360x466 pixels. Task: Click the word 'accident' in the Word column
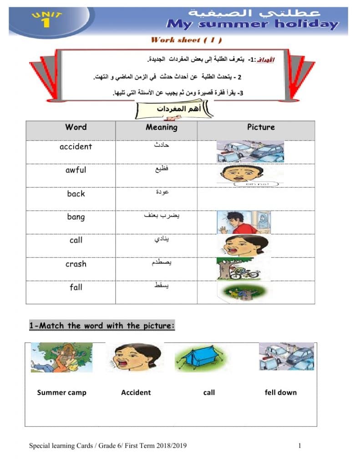click(x=76, y=147)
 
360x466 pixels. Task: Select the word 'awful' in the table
click(x=76, y=170)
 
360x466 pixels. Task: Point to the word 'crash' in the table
click(x=76, y=264)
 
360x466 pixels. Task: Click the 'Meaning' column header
click(x=162, y=127)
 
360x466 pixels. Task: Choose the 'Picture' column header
click(x=261, y=127)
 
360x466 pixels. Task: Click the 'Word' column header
click(x=76, y=127)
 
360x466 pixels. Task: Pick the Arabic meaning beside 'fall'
click(x=162, y=286)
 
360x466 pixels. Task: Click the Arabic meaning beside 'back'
click(x=162, y=192)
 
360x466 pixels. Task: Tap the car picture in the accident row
click(x=250, y=151)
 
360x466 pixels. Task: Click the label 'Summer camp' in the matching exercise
click(x=61, y=392)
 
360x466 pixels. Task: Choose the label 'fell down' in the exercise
click(x=280, y=392)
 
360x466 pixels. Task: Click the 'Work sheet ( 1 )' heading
click(x=186, y=40)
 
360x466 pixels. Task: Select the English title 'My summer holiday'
click(x=253, y=24)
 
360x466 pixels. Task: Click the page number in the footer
click(x=300, y=446)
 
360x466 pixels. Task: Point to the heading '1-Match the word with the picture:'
click(x=102, y=326)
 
